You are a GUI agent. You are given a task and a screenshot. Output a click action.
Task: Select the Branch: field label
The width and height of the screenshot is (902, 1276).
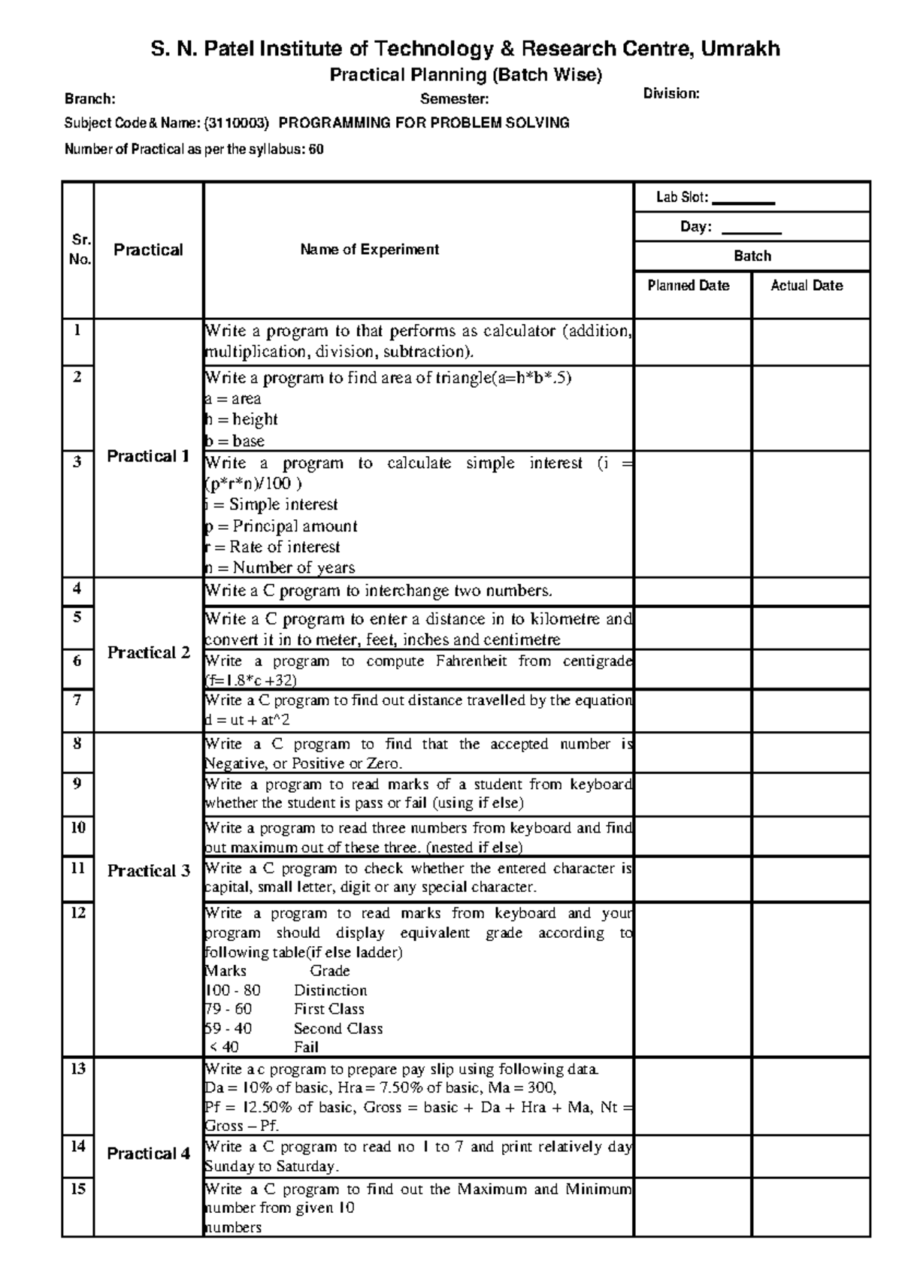tap(89, 99)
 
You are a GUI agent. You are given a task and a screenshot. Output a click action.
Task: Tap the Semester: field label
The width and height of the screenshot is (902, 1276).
tap(454, 99)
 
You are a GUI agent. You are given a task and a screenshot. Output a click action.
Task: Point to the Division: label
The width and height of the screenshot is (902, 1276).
tap(671, 94)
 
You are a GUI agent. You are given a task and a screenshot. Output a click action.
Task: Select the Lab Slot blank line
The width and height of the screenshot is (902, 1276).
tap(743, 200)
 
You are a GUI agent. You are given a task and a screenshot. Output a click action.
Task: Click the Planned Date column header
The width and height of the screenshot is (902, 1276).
tap(689, 286)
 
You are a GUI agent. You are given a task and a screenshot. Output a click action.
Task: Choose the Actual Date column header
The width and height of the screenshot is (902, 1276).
tap(807, 286)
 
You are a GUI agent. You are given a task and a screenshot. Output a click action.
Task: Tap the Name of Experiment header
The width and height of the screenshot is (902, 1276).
tap(369, 249)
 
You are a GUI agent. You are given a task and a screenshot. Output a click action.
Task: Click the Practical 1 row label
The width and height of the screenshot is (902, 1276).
tap(148, 456)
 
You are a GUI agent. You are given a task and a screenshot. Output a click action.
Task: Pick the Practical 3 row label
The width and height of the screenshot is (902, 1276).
tap(148, 871)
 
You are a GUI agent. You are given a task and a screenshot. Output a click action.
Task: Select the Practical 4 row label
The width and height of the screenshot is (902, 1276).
tap(148, 1154)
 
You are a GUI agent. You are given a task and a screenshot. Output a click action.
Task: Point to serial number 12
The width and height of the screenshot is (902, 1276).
tap(78, 913)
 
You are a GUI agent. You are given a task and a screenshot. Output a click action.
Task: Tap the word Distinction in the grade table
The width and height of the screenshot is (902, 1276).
tap(330, 990)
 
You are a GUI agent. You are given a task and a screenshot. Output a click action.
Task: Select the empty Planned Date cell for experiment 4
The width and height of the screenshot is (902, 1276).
tap(692, 592)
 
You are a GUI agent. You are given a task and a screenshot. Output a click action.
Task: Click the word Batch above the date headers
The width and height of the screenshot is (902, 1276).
tap(752, 256)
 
